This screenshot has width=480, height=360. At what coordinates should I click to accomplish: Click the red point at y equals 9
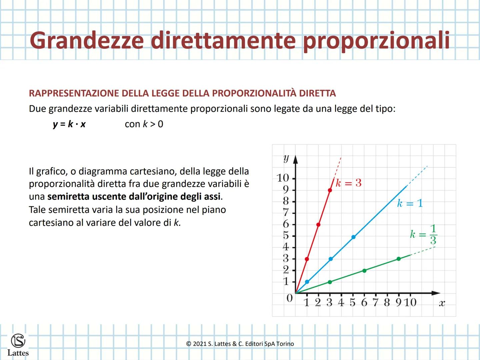[x=330, y=190]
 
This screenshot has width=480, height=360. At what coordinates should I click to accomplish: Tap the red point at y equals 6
[x=318, y=225]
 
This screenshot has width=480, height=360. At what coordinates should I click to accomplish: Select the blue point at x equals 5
[x=353, y=237]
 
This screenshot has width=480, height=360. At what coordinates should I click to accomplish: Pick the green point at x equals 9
[x=399, y=259]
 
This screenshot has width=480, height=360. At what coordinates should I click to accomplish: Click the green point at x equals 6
[x=364, y=271]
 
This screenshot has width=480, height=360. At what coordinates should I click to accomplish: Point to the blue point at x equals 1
[x=307, y=282]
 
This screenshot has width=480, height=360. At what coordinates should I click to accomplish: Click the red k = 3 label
[x=348, y=183]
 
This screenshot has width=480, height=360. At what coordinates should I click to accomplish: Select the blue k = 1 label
[x=410, y=203]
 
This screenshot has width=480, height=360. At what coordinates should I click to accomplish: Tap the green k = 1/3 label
[x=423, y=234]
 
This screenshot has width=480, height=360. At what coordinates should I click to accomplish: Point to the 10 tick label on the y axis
[x=283, y=178]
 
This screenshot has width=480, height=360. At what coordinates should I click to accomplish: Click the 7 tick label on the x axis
[x=375, y=302]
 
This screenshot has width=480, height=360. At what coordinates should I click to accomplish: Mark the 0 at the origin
[x=289, y=298]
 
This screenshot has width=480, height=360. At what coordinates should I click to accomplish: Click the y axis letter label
[x=286, y=158]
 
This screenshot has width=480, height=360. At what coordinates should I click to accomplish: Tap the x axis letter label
[x=442, y=303]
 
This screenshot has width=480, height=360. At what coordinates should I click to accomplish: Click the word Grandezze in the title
[x=87, y=40]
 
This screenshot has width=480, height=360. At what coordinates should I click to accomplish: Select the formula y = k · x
[x=69, y=124]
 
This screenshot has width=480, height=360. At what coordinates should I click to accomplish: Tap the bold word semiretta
[x=68, y=196]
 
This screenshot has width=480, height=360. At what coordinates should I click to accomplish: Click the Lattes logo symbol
[x=18, y=341]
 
